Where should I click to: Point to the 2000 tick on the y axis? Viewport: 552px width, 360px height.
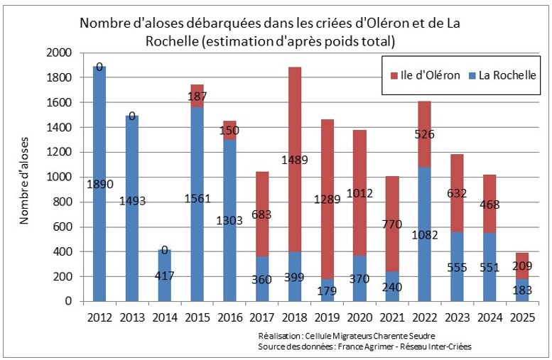(x=61, y=53)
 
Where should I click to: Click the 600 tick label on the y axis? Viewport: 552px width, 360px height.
(x=64, y=227)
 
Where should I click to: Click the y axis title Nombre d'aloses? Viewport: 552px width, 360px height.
(x=24, y=178)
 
